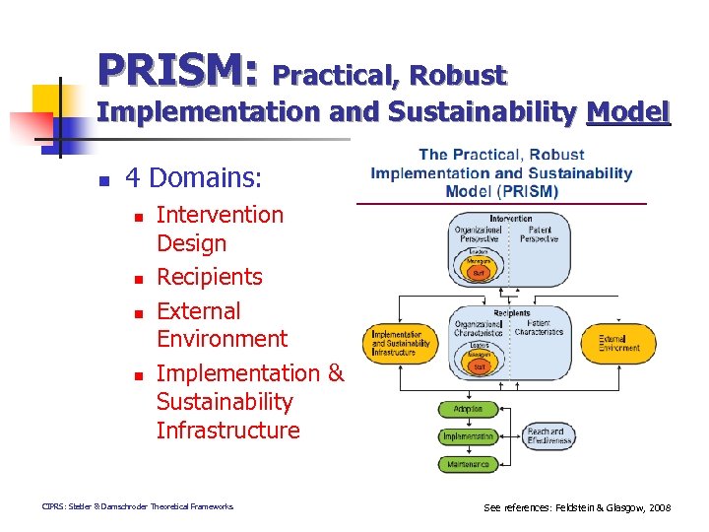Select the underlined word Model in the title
point(628,112)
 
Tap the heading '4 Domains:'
point(194,178)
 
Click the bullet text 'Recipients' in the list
point(210,277)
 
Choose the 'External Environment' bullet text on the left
point(222,324)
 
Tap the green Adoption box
point(469,409)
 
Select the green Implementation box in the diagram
point(469,436)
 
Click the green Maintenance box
point(469,463)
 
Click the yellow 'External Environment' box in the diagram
point(619,343)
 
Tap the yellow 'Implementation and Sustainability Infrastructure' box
point(400,343)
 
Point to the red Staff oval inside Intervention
point(479,272)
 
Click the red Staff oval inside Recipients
point(480,366)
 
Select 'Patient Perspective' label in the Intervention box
point(538,234)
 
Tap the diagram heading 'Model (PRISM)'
point(501,191)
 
